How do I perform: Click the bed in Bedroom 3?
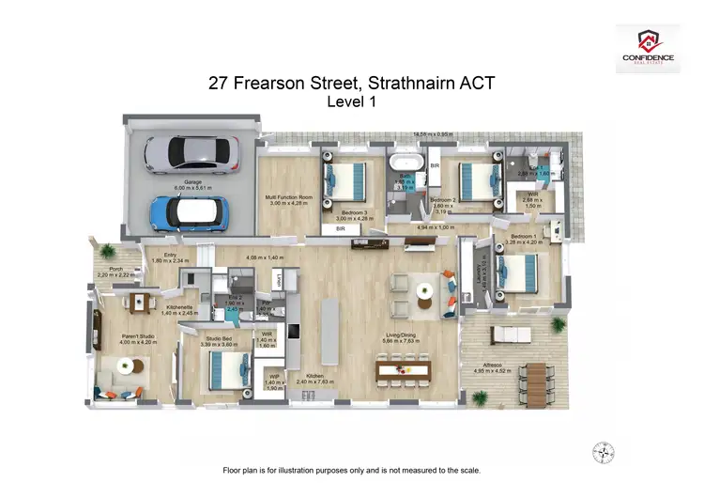tap(345, 179)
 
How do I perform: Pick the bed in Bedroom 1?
tap(518, 272)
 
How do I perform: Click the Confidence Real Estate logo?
tap(648, 48)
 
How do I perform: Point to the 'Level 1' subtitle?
tap(351, 103)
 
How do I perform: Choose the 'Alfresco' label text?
tap(493, 365)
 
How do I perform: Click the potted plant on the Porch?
tap(109, 252)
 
